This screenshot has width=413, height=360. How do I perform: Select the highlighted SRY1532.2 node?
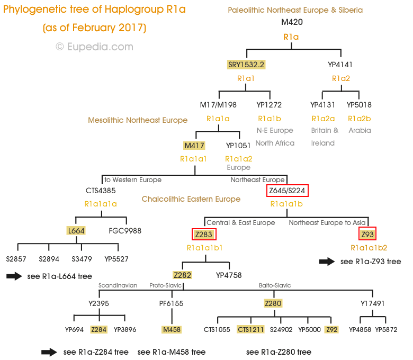point(246,65)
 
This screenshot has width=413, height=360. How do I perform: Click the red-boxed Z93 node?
point(367,235)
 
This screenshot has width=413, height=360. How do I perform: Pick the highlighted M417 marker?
point(194,146)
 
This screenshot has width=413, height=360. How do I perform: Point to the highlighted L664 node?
point(76,231)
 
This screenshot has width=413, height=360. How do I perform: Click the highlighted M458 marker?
point(172,330)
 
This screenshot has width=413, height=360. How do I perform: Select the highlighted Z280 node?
point(273,303)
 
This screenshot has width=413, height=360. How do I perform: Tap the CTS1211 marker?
point(250,330)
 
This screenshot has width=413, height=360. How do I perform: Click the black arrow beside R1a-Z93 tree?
point(327,261)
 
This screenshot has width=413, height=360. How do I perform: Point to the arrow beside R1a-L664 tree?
point(14,276)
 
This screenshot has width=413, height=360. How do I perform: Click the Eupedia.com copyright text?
point(95,47)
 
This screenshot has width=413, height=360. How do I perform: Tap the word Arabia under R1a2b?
point(360,130)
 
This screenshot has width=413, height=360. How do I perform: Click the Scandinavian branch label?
point(118,285)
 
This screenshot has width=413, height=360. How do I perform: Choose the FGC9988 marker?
point(125,231)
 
